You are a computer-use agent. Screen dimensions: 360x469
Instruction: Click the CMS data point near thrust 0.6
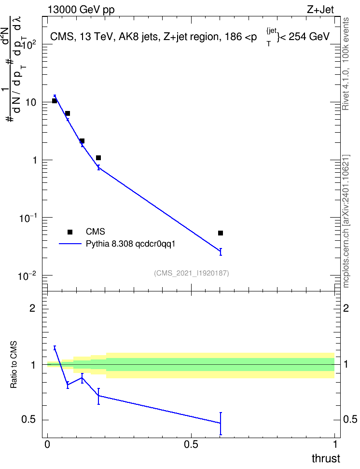pyautogui.click(x=221, y=233)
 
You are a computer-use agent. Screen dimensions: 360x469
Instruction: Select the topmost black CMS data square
pyautogui.click(x=55, y=101)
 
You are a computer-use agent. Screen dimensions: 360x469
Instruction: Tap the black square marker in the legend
pyautogui.click(x=70, y=232)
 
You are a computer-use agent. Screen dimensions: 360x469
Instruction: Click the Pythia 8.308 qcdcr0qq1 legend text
pyautogui.click(x=130, y=244)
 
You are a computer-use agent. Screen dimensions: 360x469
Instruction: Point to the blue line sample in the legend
pyautogui.click(x=70, y=244)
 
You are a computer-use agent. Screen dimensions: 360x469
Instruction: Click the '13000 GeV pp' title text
pyautogui.click(x=81, y=10)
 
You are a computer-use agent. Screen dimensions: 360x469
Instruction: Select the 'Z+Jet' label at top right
pyautogui.click(x=320, y=10)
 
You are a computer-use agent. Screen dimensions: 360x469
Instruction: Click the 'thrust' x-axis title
pyautogui.click(x=326, y=458)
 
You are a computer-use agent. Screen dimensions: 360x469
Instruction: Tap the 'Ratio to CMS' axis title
pyautogui.click(x=14, y=365)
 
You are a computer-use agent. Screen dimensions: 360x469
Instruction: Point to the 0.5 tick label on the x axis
pyautogui.click(x=191, y=444)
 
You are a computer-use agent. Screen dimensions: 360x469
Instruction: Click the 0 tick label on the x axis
pyautogui.click(x=47, y=444)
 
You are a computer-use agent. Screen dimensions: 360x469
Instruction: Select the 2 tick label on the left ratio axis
pyautogui.click(x=32, y=308)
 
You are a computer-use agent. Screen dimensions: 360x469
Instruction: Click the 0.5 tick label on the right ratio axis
pyautogui.click(x=350, y=419)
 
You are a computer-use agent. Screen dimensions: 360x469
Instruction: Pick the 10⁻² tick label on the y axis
pyautogui.click(x=28, y=276)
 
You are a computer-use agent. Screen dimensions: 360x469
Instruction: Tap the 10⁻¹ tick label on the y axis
pyautogui.click(x=28, y=218)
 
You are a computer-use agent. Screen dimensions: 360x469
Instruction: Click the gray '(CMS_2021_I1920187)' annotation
pyautogui.click(x=192, y=273)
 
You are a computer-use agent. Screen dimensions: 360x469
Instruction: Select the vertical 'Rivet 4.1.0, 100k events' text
pyautogui.click(x=346, y=64)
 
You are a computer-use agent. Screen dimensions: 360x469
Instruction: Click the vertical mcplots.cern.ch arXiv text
pyautogui.click(x=346, y=221)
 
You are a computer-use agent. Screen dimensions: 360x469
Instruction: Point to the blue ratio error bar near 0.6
pyautogui.click(x=221, y=424)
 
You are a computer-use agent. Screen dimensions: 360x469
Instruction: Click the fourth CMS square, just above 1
pyautogui.click(x=98, y=158)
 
